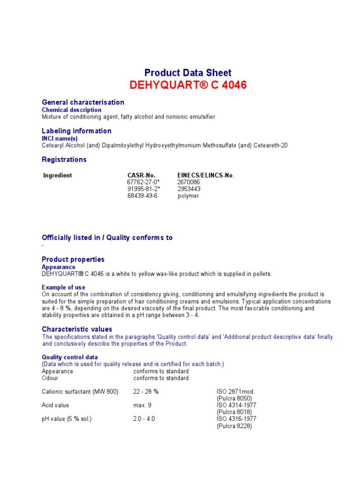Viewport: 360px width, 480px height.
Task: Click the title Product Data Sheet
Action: [187, 73]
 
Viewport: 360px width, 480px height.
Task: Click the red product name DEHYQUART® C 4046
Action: [187, 85]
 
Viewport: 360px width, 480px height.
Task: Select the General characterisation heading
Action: [83, 102]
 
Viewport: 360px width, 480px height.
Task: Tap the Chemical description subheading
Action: [72, 110]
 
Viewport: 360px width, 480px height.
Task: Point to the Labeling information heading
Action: [76, 131]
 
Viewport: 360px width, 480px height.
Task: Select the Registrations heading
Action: [64, 159]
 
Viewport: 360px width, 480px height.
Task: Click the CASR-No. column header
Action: [141, 175]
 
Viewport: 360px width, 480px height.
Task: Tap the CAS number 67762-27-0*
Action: [143, 182]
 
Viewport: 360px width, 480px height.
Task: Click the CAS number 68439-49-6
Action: [142, 195]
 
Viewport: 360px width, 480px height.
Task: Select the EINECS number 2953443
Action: [189, 189]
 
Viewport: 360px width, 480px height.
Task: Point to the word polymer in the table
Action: [188, 196]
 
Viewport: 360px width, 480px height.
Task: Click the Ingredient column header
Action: [58, 175]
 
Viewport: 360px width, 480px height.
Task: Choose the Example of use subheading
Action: [64, 287]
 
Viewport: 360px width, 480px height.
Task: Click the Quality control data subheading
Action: [70, 357]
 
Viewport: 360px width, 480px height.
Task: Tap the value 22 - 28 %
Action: [146, 391]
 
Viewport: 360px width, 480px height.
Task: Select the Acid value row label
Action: [55, 405]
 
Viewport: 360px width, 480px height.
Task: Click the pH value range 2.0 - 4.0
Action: [145, 419]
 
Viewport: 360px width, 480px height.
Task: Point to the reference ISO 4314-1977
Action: [236, 405]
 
